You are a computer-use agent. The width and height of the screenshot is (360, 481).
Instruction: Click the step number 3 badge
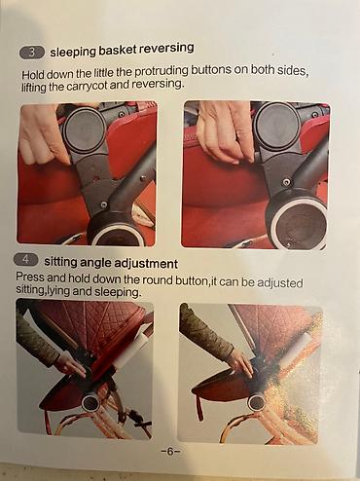point(31,53)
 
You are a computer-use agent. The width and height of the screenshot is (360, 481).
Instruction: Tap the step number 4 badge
point(26,260)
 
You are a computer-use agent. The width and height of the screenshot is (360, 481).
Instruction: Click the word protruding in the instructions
point(161,71)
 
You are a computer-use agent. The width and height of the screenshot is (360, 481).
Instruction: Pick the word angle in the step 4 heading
point(96,262)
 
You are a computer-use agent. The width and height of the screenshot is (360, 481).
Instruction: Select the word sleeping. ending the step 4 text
point(118,292)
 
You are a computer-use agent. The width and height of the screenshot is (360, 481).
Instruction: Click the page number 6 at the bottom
point(170,452)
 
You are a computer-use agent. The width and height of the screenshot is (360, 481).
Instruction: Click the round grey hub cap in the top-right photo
point(276,125)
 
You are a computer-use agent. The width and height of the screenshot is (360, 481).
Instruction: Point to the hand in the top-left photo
point(44,136)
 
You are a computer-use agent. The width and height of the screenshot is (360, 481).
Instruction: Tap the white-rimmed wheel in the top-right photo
point(298,223)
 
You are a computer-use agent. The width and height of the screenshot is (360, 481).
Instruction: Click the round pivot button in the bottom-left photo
point(91,403)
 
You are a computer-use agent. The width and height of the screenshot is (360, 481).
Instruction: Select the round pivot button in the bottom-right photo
point(257,402)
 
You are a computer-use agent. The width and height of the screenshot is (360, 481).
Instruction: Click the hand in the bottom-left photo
point(71,366)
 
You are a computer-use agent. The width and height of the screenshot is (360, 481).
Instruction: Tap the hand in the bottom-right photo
point(239,364)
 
